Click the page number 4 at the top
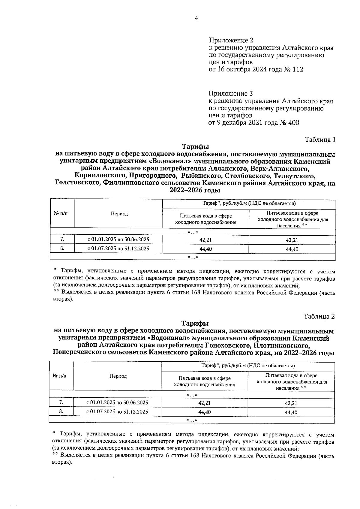point(196,18)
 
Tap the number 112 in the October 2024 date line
point(298,70)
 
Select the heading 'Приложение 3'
point(231,94)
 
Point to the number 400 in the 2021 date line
point(293,123)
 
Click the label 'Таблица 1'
point(320,140)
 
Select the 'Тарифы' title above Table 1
point(195,147)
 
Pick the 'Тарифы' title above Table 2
point(195,324)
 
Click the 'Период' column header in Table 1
point(119,214)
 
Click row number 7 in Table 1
point(62,239)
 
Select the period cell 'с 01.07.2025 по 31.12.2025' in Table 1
point(118,249)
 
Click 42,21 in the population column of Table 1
point(292,240)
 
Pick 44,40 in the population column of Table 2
point(291,412)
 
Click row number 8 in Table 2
point(61,412)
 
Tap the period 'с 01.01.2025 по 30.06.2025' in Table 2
point(117,403)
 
